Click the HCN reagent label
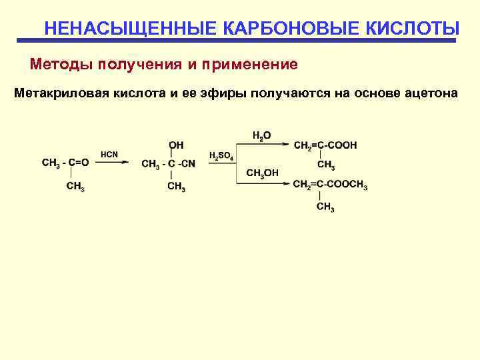click(x=109, y=155)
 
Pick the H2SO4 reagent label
click(x=221, y=156)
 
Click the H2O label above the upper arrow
click(x=262, y=135)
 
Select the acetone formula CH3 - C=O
click(x=65, y=162)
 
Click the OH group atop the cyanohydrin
click(x=177, y=144)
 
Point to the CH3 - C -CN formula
click(x=169, y=164)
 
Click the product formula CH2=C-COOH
click(x=325, y=145)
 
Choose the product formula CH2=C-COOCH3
click(x=330, y=185)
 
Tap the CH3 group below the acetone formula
click(x=75, y=187)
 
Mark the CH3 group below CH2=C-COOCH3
click(x=325, y=208)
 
